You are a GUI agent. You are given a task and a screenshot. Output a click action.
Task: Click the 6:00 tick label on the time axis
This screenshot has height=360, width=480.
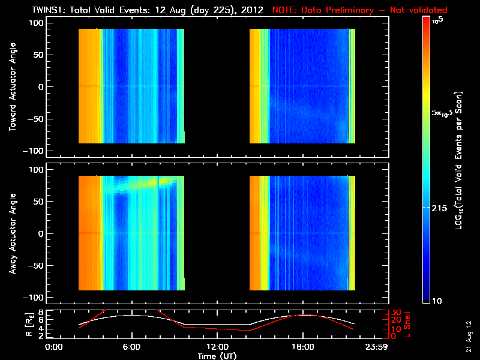pyautogui.click(x=132, y=347)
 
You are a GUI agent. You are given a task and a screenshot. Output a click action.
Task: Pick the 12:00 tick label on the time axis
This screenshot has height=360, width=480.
pyautogui.click(x=217, y=347)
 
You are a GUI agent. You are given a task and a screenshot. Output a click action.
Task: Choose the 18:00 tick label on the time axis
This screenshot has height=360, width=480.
pyautogui.click(x=303, y=347)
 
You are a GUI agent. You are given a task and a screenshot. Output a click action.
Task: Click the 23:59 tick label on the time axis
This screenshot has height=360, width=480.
pyautogui.click(x=377, y=347)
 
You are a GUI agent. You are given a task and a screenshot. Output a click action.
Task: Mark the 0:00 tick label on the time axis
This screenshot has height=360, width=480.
pyautogui.click(x=55, y=347)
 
